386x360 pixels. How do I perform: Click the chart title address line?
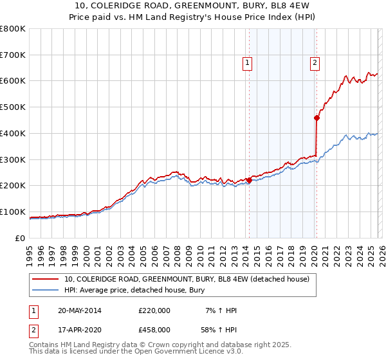[x=193, y=6]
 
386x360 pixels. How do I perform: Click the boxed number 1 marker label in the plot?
[x=247, y=62]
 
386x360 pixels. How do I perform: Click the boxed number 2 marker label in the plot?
[x=315, y=62]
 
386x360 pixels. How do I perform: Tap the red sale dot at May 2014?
[x=249, y=180]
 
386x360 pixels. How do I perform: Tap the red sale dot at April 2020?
[x=317, y=118]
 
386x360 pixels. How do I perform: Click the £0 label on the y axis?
[x=20, y=238]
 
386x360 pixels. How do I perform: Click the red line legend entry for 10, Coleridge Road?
[x=187, y=279]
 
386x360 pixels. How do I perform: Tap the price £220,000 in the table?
[x=154, y=310]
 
